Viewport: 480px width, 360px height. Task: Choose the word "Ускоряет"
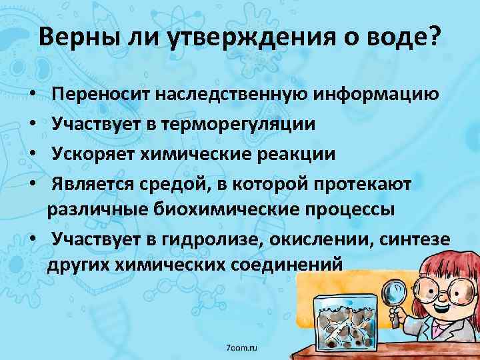(x=95, y=153)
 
